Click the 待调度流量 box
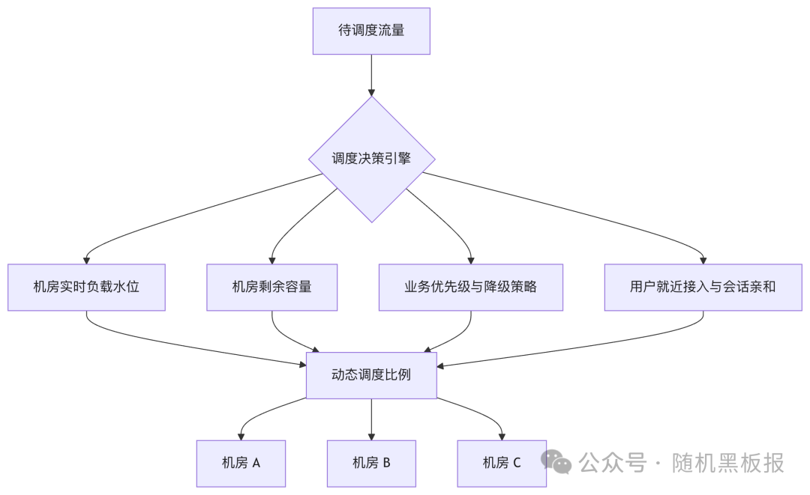pyautogui.click(x=371, y=31)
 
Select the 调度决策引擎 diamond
pyautogui.click(x=371, y=159)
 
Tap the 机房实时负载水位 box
pyautogui.click(x=86, y=287)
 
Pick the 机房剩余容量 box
pyautogui.click(x=271, y=287)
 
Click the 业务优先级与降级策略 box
pyautogui.click(x=470, y=287)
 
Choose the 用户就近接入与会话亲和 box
pyautogui.click(x=703, y=287)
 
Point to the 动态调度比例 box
pyautogui.click(x=371, y=374)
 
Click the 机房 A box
pyautogui.click(x=241, y=463)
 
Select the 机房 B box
pyautogui.click(x=371, y=463)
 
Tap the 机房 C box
pyautogui.click(x=502, y=463)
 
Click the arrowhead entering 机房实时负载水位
pyautogui.click(x=86, y=259)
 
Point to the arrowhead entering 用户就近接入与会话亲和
pyautogui.click(x=703, y=259)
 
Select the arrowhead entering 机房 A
pyautogui.click(x=241, y=435)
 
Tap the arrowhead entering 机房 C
pyautogui.click(x=502, y=435)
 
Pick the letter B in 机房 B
pyautogui.click(x=386, y=463)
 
